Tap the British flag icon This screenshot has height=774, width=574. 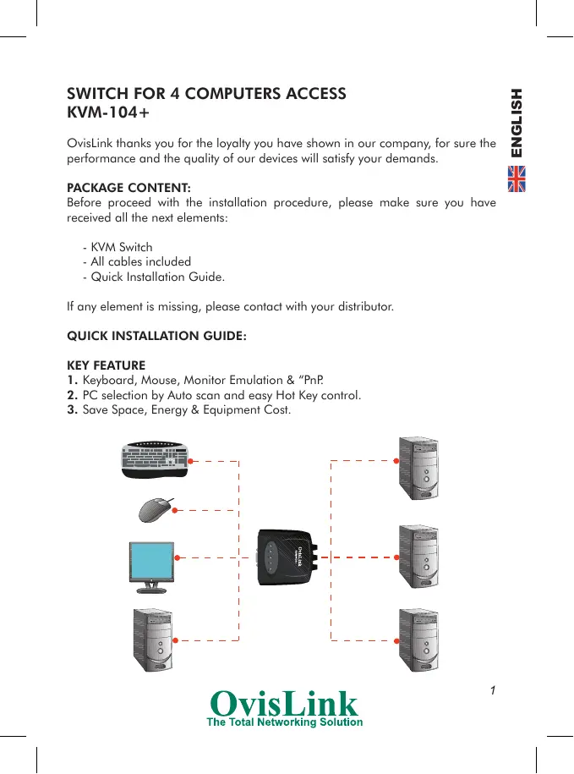(516, 179)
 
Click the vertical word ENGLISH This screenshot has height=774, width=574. (516, 123)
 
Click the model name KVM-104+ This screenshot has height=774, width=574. (108, 113)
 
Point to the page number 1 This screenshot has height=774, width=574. (492, 690)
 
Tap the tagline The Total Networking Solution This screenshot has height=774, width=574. (286, 722)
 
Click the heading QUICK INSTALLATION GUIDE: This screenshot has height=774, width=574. (156, 336)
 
